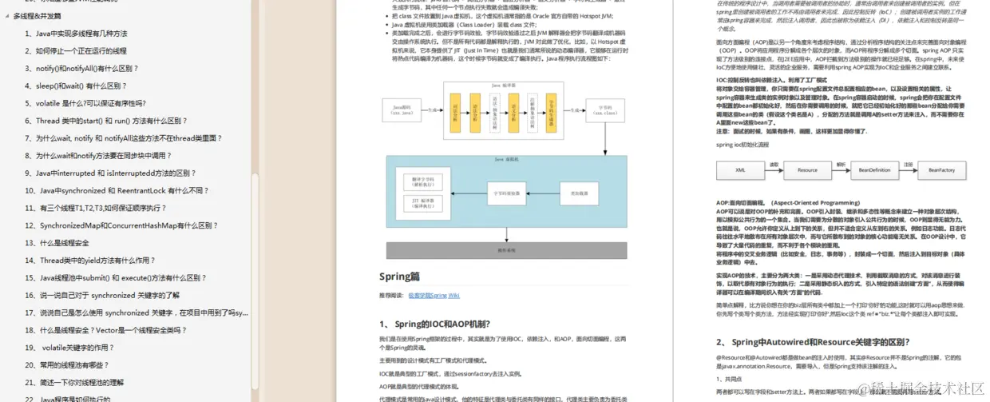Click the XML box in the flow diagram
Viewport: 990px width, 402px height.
click(x=740, y=169)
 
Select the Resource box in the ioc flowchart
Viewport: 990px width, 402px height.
click(x=807, y=169)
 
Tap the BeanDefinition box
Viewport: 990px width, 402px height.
click(x=874, y=169)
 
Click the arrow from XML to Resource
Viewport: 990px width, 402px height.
click(x=774, y=169)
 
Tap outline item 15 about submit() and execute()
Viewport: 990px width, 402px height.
click(x=115, y=278)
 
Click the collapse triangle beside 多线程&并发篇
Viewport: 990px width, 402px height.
click(x=7, y=16)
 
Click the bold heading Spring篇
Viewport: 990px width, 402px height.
click(x=399, y=277)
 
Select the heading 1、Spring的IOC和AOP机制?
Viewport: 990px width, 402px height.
click(x=434, y=324)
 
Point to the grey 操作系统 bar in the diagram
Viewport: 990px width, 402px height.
click(x=507, y=250)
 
